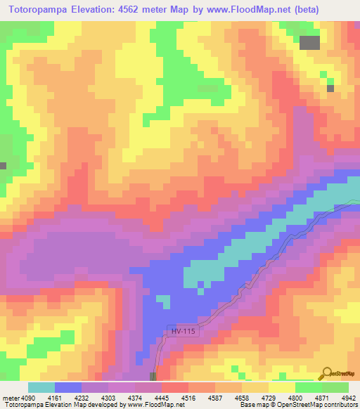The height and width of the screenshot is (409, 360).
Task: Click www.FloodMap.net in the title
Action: [x=237, y=10]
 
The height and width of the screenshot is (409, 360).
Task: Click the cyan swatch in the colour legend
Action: [x=41, y=387]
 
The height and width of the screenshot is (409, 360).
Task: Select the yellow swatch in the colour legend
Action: [x=282, y=387]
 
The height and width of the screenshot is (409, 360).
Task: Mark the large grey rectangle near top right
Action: [x=309, y=43]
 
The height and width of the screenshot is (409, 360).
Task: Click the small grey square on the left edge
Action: [x=3, y=166]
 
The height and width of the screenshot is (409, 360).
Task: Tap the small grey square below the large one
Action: [x=330, y=88]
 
